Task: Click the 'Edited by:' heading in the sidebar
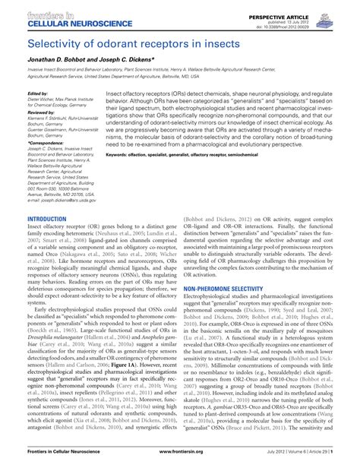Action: click(x=37, y=93)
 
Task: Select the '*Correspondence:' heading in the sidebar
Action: click(x=43, y=142)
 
